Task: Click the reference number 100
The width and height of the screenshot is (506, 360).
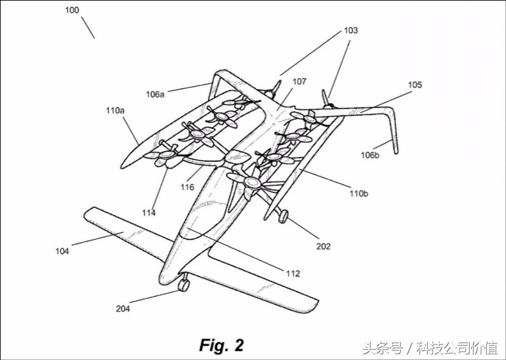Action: point(72,10)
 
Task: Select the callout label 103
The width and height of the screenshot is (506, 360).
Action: point(351,30)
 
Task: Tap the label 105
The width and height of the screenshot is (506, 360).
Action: point(415,85)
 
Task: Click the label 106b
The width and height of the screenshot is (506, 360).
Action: point(369,155)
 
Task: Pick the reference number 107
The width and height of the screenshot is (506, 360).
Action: point(299,81)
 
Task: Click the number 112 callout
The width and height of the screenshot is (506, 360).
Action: point(293,274)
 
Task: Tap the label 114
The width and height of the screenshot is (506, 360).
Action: point(149,213)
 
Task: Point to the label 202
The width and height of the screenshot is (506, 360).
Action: point(323,246)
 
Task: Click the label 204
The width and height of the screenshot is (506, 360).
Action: point(123,308)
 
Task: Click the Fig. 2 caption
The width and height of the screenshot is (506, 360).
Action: point(221,345)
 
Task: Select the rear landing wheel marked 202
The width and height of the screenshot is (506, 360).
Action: point(284,217)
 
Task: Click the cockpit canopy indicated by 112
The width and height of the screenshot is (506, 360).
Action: point(200,222)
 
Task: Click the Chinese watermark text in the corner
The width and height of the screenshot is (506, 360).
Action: point(430,348)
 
